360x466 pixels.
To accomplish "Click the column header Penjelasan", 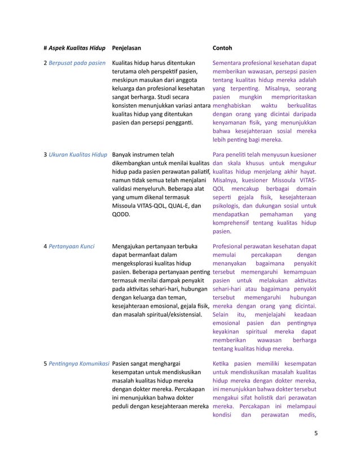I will (129, 49).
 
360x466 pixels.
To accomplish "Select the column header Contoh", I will (222, 49).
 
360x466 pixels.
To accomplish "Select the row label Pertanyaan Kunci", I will (72, 246).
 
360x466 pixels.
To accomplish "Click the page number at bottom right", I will (315, 434).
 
